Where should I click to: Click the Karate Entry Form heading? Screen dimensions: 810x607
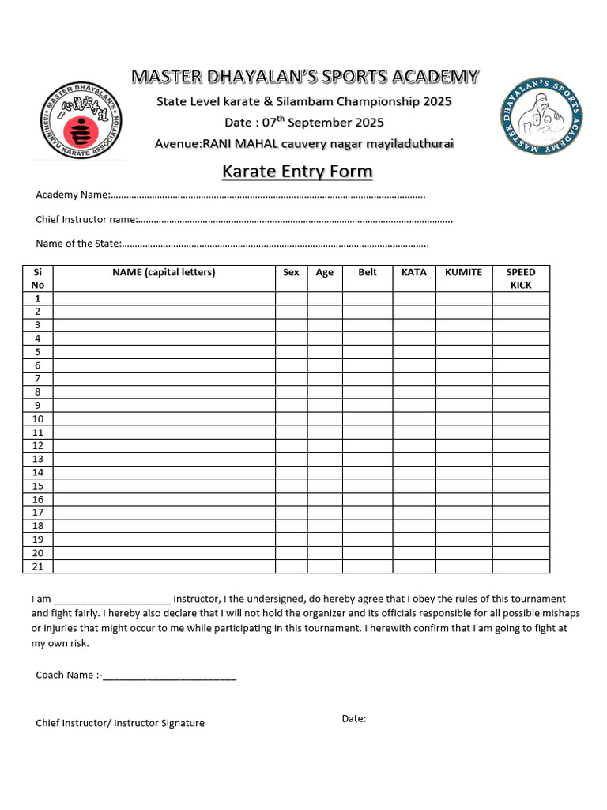click(x=296, y=172)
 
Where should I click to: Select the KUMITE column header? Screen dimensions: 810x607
click(x=463, y=272)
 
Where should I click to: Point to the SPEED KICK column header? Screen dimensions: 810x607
click(x=521, y=278)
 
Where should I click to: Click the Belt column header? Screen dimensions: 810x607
click(x=368, y=272)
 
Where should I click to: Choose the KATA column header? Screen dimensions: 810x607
click(x=413, y=272)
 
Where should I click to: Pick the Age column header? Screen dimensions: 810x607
click(x=324, y=272)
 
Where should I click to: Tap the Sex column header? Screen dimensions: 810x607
click(x=291, y=272)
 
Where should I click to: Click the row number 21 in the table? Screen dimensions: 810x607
click(x=38, y=566)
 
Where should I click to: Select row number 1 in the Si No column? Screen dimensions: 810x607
click(x=38, y=298)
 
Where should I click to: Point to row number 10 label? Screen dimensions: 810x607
click(x=38, y=419)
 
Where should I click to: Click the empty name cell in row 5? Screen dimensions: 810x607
click(x=164, y=352)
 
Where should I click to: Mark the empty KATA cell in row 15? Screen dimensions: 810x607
click(x=413, y=486)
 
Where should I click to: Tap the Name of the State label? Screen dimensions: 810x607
click(x=78, y=244)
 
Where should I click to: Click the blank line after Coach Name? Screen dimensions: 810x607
click(x=169, y=676)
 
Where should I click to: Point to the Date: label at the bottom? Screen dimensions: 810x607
click(x=353, y=718)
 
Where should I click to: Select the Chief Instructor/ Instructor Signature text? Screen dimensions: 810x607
click(x=120, y=723)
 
